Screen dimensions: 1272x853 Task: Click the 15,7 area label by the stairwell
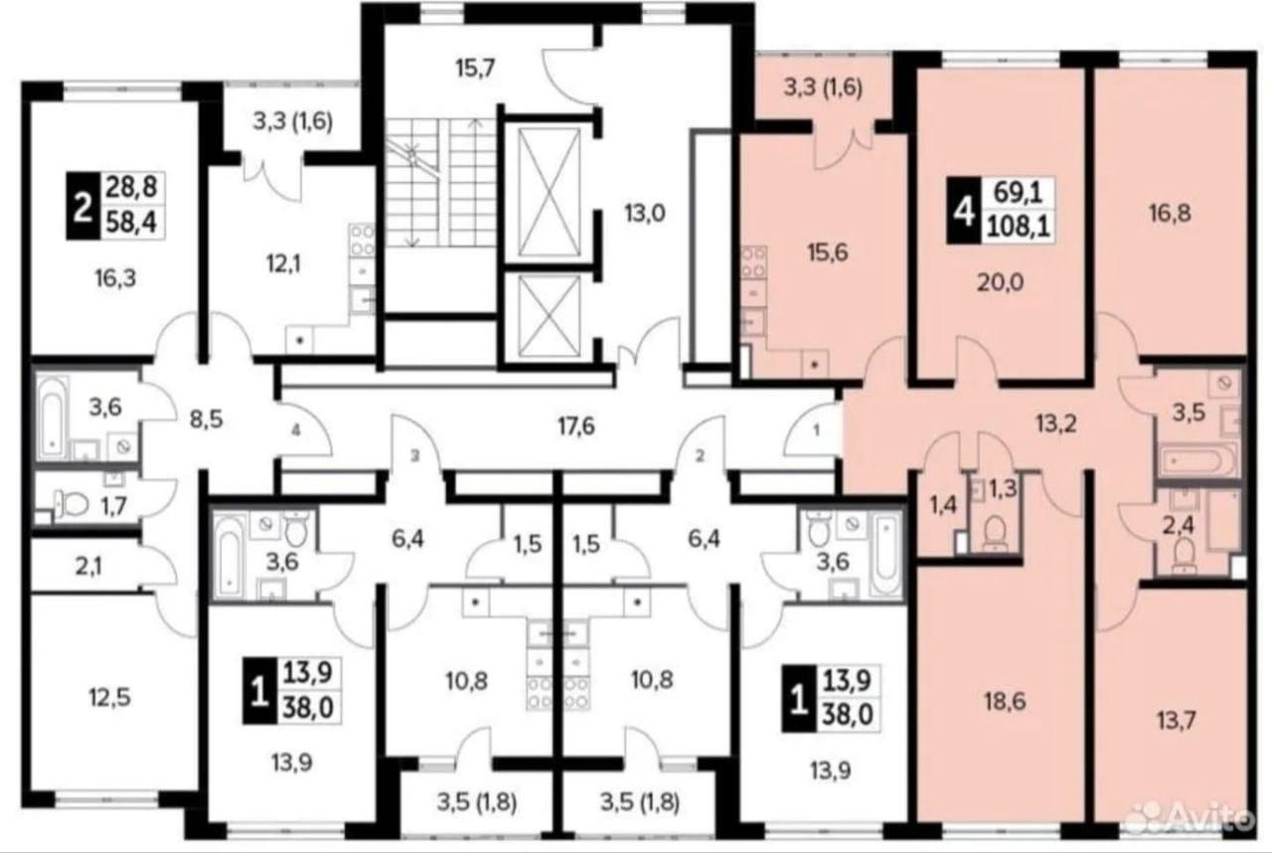(475, 69)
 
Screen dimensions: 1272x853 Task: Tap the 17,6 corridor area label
(575, 426)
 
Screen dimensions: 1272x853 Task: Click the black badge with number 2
(83, 205)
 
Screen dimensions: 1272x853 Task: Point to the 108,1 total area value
(1019, 229)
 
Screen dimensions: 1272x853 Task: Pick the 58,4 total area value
(132, 222)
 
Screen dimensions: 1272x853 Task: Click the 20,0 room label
(1000, 282)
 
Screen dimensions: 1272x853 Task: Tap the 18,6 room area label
(1005, 702)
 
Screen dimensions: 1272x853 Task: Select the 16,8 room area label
(1170, 214)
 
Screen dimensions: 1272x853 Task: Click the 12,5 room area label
(109, 696)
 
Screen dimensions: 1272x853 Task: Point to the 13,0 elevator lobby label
(645, 214)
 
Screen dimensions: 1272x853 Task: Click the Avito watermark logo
(1190, 816)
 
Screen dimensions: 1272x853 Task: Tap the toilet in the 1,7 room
(71, 503)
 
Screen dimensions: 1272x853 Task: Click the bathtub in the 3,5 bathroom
(1198, 461)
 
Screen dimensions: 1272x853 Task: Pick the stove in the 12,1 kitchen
(362, 241)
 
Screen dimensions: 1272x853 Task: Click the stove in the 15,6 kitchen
(753, 262)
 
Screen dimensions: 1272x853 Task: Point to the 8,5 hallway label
(206, 421)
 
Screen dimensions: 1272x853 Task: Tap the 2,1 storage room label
(89, 567)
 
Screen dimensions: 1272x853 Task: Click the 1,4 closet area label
(943, 505)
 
